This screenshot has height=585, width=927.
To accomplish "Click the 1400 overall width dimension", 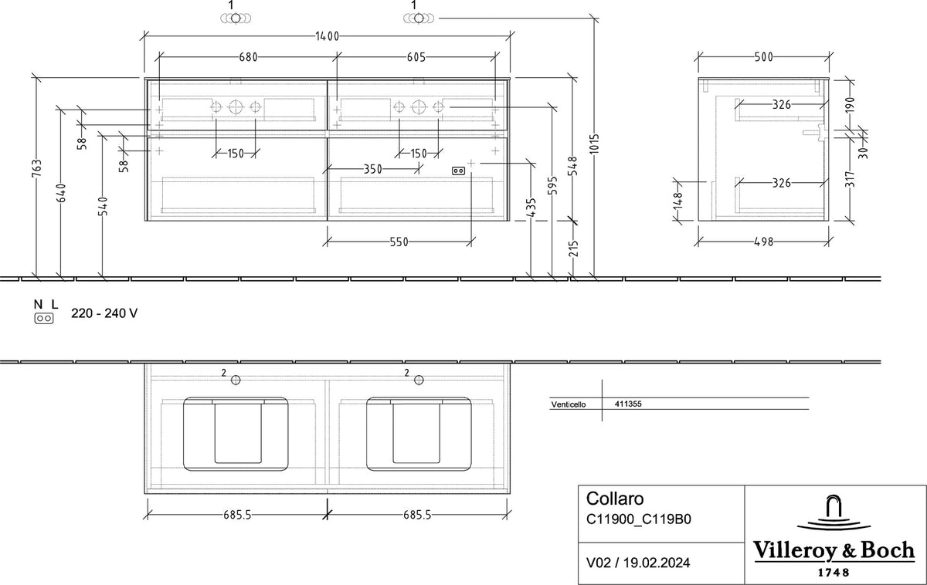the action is coord(328,36).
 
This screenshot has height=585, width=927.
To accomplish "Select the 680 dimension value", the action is coord(248,57).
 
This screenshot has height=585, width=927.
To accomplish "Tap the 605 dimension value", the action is coord(416,57).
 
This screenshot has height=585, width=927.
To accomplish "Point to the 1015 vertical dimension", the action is coord(594,144).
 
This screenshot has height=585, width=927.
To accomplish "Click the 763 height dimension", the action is coord(37,168).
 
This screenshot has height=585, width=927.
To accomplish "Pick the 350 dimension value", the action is coord(373,169).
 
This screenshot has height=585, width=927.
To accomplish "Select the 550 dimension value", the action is coord(399,242).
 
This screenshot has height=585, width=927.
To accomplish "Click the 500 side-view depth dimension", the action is coord(763,57).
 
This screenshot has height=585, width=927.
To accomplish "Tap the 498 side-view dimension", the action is coord(763,242).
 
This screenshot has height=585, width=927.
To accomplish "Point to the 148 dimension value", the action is coord(678,201).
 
